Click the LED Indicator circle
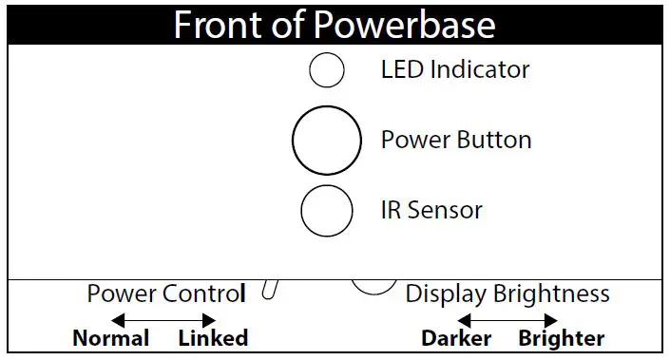[x=327, y=69]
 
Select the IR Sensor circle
[x=327, y=210]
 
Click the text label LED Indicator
[x=454, y=69]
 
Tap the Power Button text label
[x=456, y=141]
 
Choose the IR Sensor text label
[x=431, y=210]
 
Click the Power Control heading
[x=165, y=294]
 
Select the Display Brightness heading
[x=507, y=294]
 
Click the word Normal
[x=111, y=338]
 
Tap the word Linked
[x=213, y=338]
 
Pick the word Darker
[x=456, y=338]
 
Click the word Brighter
[x=561, y=338]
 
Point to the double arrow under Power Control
[x=163, y=319]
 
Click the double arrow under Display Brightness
[x=507, y=319]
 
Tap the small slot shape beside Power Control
[x=269, y=290]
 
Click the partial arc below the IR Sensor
[x=374, y=287]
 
